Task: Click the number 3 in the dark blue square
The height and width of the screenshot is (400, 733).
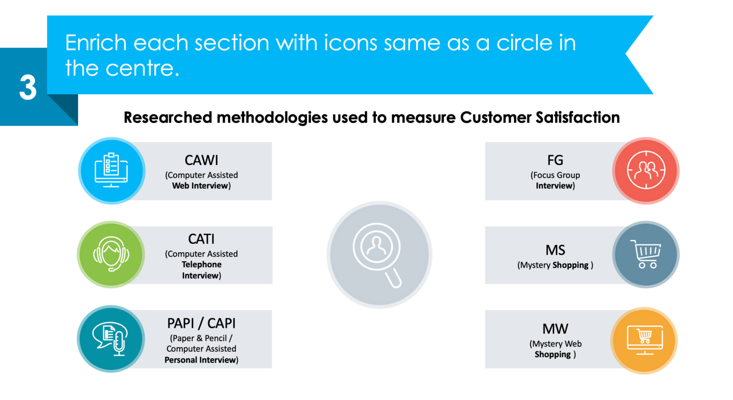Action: pyautogui.click(x=28, y=87)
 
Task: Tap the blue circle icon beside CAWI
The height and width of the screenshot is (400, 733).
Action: pyautogui.click(x=111, y=171)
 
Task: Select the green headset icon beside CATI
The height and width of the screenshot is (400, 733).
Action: pyautogui.click(x=111, y=254)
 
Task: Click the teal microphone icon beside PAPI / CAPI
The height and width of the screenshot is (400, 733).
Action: pyautogui.click(x=111, y=339)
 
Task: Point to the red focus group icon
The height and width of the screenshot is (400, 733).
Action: pyautogui.click(x=646, y=171)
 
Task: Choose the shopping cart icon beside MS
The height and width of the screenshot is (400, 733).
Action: pyautogui.click(x=646, y=254)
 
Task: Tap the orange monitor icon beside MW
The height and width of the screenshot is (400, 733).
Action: pyautogui.click(x=644, y=340)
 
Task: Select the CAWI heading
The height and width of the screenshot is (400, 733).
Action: pyautogui.click(x=201, y=160)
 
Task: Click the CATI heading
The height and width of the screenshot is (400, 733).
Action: pyautogui.click(x=201, y=239)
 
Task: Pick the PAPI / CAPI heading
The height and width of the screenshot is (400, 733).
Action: pyautogui.click(x=201, y=324)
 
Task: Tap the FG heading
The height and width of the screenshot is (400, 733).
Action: pyautogui.click(x=555, y=160)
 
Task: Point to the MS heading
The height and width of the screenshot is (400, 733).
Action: pyautogui.click(x=555, y=250)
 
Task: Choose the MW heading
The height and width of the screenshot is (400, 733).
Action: pyautogui.click(x=555, y=329)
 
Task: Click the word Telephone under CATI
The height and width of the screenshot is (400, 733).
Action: pyautogui.click(x=201, y=264)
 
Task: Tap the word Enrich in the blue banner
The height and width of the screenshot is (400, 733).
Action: pyautogui.click(x=97, y=43)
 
